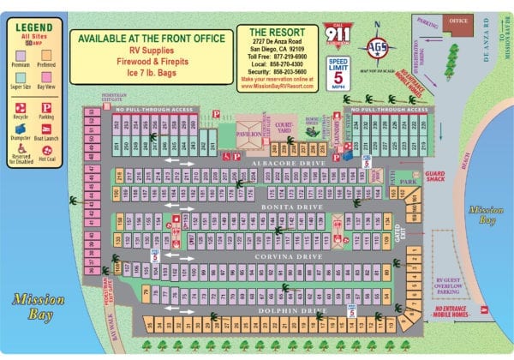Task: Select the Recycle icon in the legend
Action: (21, 106)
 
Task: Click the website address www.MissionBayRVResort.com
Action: (280, 87)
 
